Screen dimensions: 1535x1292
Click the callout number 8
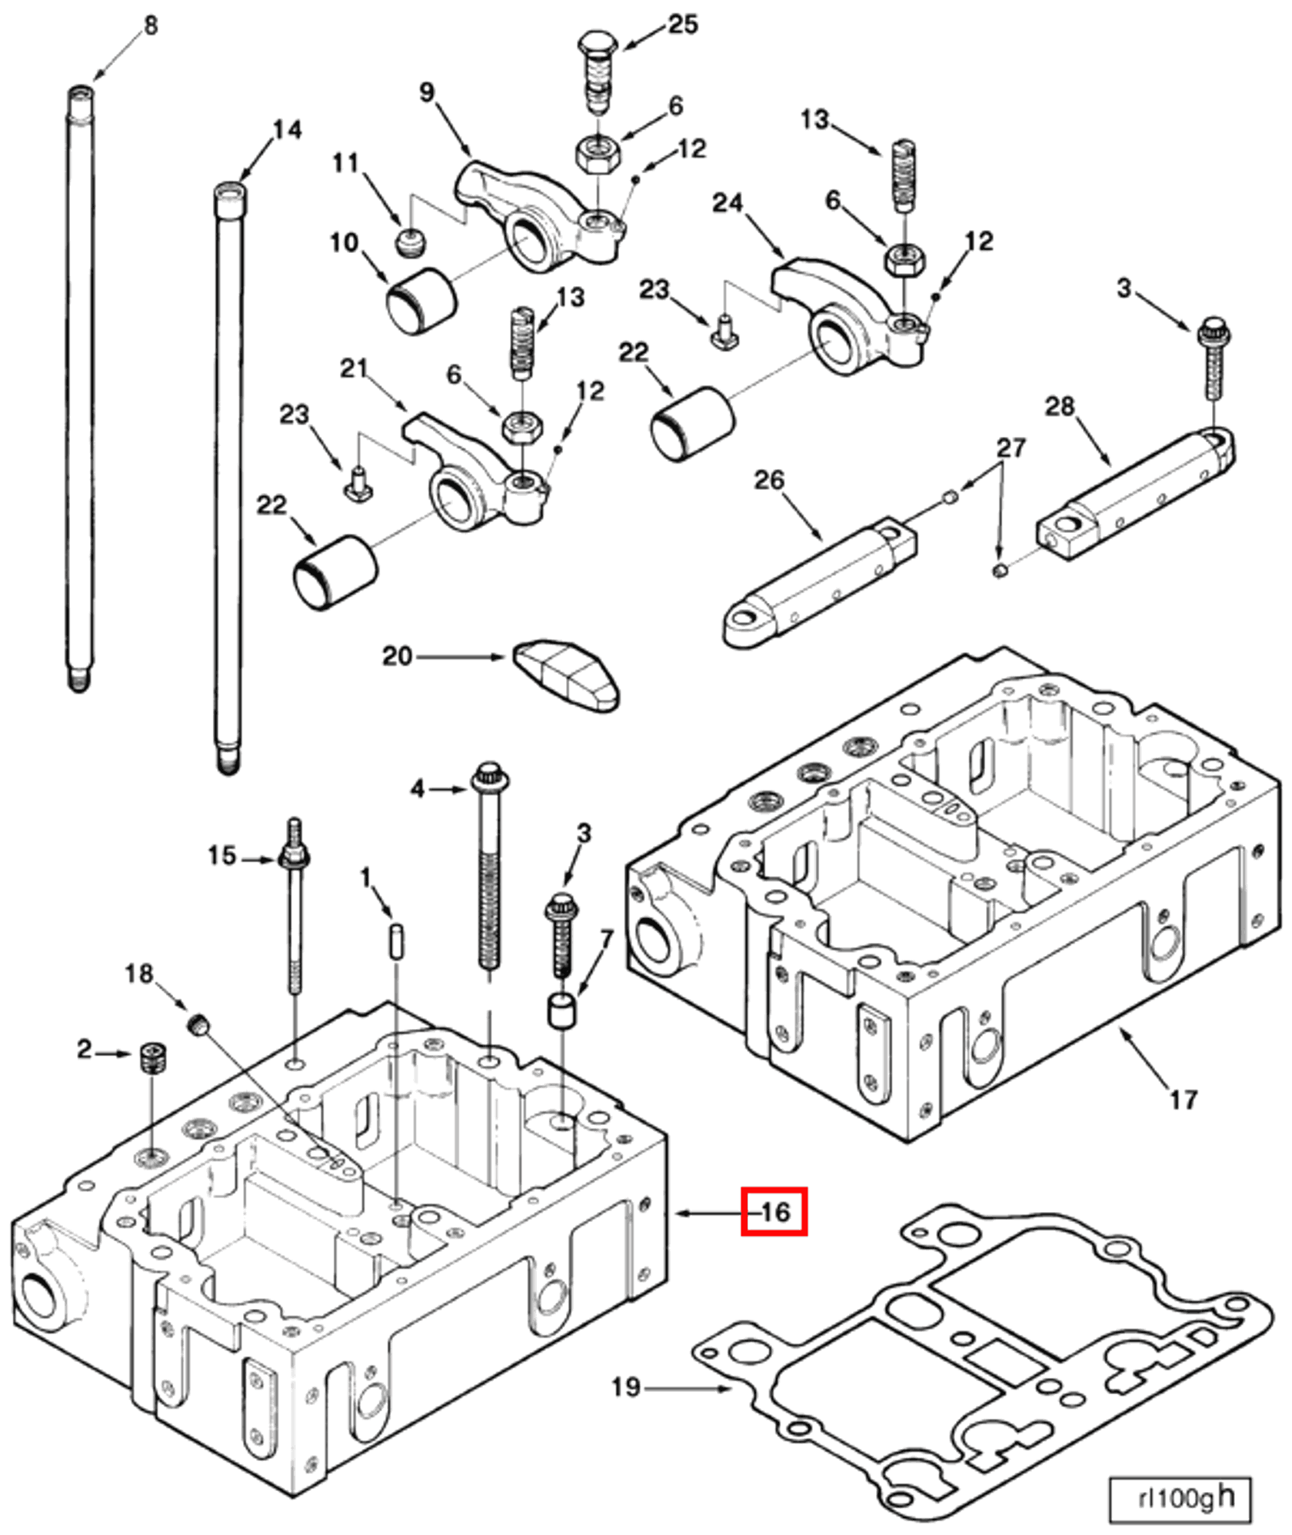click(x=151, y=25)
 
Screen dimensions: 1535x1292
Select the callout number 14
click(x=287, y=129)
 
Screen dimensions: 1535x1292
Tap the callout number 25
click(x=682, y=25)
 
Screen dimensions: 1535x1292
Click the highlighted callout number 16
click(x=774, y=1212)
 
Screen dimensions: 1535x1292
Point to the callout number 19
click(x=626, y=1387)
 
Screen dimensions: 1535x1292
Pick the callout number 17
click(x=1184, y=1100)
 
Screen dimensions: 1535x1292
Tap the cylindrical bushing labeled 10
click(x=421, y=301)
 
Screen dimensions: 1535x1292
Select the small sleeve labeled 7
click(x=562, y=1010)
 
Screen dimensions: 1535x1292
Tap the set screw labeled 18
click(x=199, y=1024)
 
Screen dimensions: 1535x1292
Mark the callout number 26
click(x=769, y=480)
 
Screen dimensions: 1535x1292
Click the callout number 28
click(x=1059, y=406)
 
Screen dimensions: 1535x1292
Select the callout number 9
click(x=427, y=92)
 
